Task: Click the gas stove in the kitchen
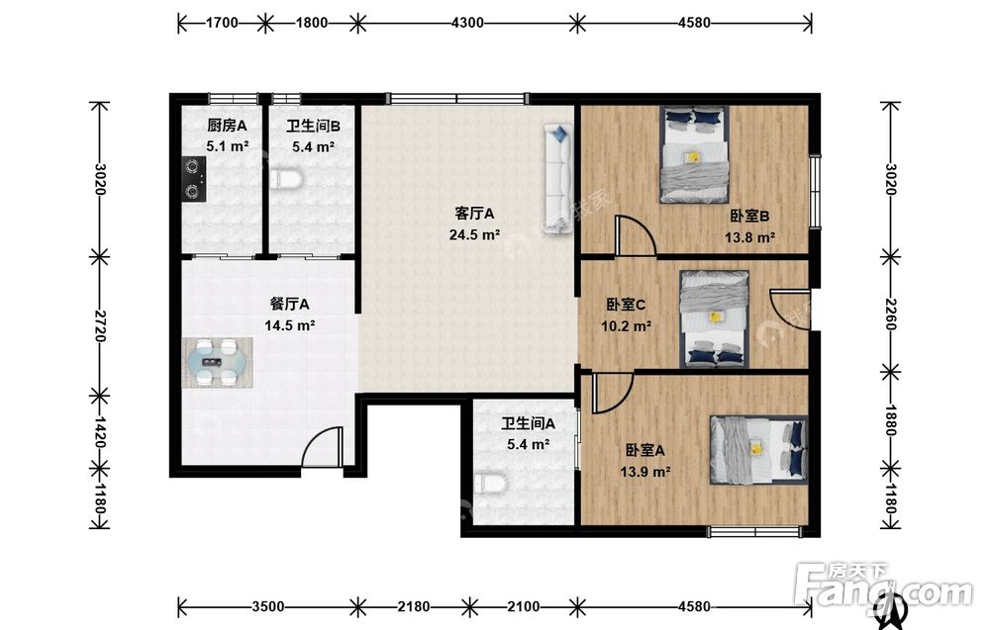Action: pyautogui.click(x=194, y=179)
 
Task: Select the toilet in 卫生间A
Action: pyautogui.click(x=491, y=484)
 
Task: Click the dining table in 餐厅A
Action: pyautogui.click(x=218, y=362)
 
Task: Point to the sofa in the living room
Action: pyautogui.click(x=558, y=178)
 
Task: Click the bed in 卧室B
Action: pyautogui.click(x=695, y=154)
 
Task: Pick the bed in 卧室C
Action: pyautogui.click(x=715, y=318)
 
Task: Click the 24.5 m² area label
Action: pyautogui.click(x=475, y=235)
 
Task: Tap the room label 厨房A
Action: pyautogui.click(x=227, y=126)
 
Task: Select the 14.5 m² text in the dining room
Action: pyautogui.click(x=290, y=325)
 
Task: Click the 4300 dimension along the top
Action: pyautogui.click(x=467, y=23)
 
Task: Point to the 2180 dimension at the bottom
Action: pyautogui.click(x=414, y=606)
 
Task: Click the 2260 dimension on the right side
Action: pyautogui.click(x=890, y=315)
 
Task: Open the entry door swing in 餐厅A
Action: pyautogui.click(x=322, y=447)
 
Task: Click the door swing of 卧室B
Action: pyautogui.click(x=636, y=235)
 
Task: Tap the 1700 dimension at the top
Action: pyautogui.click(x=222, y=23)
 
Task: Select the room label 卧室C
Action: pyautogui.click(x=626, y=305)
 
